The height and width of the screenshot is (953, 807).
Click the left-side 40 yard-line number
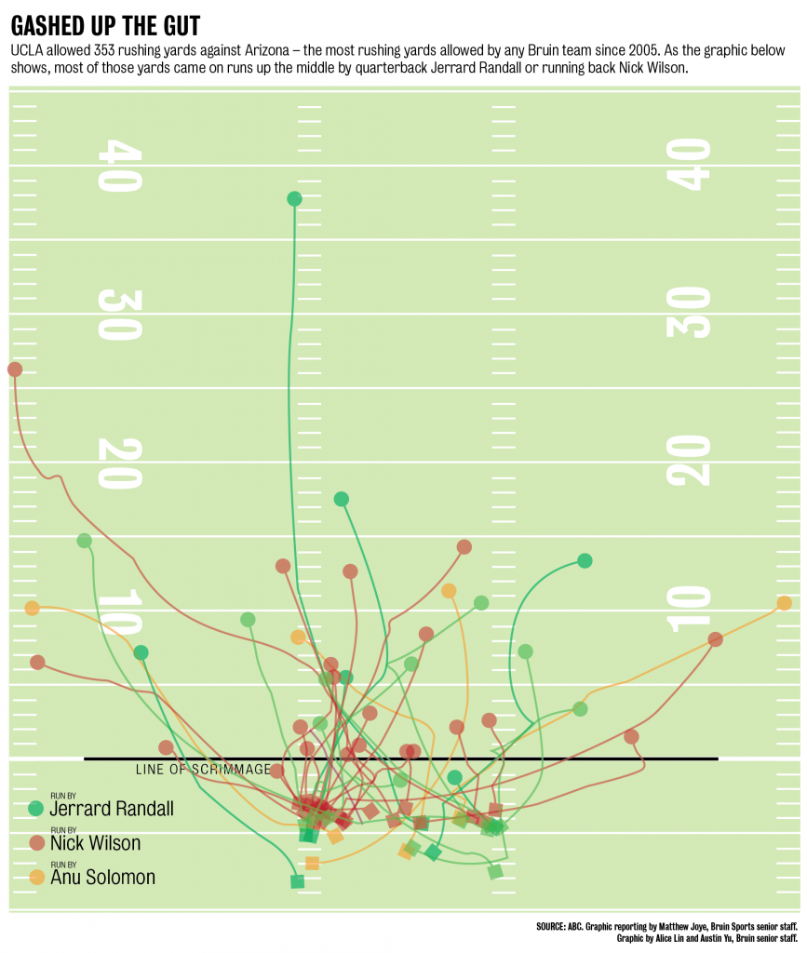coord(120,166)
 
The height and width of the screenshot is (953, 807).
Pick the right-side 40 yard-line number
coord(689,165)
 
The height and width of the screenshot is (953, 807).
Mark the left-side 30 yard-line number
coord(120,315)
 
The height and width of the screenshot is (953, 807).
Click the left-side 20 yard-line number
coord(120,463)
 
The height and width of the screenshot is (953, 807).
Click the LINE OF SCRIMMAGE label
coord(203,770)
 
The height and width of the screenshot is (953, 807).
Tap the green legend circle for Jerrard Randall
coord(36,808)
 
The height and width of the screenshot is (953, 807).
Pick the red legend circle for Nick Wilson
coord(36,842)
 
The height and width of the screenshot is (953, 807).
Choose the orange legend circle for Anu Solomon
coord(36,876)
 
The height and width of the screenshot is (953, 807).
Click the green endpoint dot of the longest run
coord(295,198)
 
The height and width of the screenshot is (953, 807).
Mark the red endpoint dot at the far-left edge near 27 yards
coord(15,369)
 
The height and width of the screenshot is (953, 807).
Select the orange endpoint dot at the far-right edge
coord(785,603)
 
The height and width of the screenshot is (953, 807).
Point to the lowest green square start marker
coord(297,880)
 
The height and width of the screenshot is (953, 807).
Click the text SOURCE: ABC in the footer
coord(565,927)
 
